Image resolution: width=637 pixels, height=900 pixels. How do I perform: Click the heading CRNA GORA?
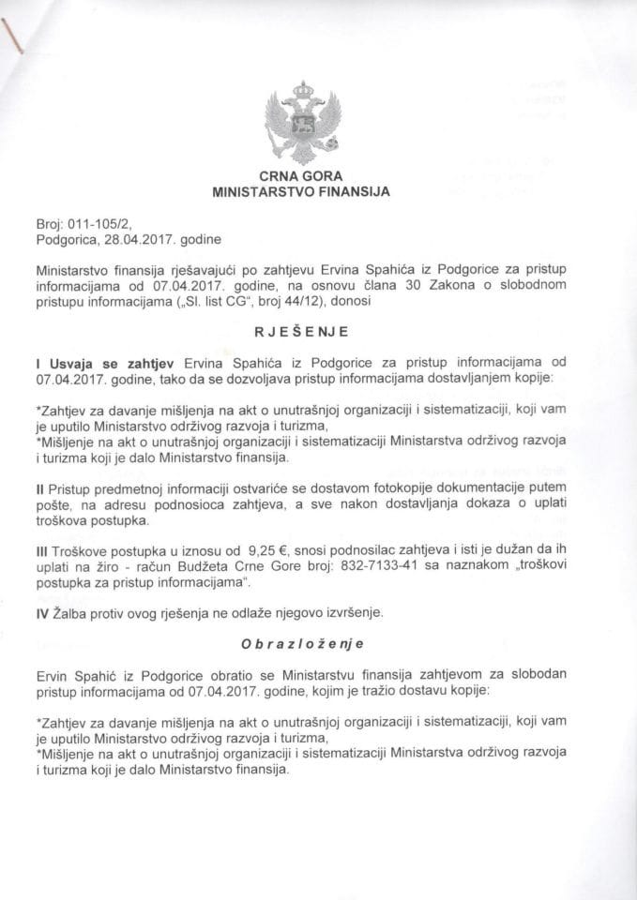click(x=301, y=175)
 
